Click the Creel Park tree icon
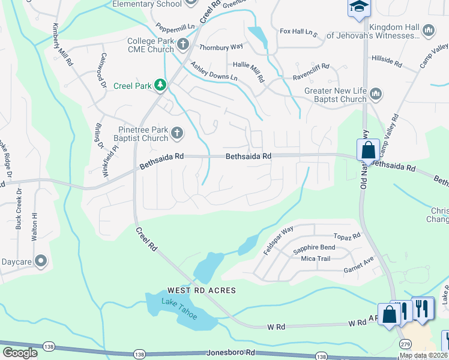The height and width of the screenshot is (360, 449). (x=160, y=86)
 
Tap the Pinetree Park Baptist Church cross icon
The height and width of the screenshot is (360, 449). (x=177, y=133)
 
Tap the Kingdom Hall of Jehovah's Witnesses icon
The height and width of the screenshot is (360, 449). (x=429, y=30)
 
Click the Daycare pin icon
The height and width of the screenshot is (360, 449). (x=41, y=260)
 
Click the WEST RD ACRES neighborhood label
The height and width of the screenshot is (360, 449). (x=197, y=290)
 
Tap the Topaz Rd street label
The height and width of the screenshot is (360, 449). (x=347, y=236)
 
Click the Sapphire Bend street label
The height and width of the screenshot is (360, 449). (x=314, y=247)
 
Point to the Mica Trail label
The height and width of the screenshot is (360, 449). (x=316, y=259)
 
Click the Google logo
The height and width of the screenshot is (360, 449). (x=19, y=353)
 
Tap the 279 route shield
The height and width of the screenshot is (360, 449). (x=406, y=342)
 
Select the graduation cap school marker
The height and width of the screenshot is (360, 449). (x=359, y=7)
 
